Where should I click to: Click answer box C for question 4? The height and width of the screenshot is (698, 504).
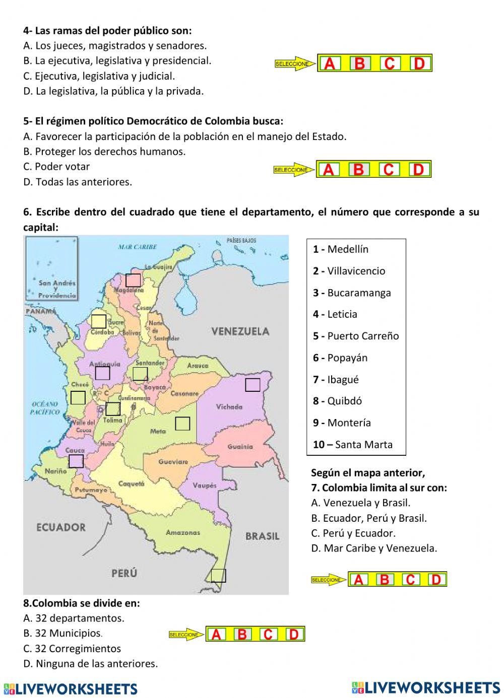(390, 63)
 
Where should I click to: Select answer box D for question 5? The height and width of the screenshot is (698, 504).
(418, 170)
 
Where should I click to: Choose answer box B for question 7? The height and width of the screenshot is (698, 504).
(384, 580)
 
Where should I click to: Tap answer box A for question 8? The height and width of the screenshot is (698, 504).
(216, 635)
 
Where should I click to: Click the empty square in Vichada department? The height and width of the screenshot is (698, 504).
(253, 385)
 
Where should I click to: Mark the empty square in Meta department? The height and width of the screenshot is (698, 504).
(182, 424)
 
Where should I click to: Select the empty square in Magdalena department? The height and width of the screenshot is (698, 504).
(133, 281)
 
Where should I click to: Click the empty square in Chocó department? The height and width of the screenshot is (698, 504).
(78, 397)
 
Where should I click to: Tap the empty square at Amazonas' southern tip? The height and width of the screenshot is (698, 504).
(219, 575)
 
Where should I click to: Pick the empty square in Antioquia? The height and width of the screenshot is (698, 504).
(102, 373)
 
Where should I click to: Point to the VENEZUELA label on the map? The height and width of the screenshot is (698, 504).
(240, 331)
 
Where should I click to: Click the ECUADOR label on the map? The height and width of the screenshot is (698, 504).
(61, 527)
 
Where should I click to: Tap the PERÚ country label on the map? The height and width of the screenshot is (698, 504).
(124, 573)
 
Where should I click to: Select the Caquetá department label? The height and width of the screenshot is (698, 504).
(131, 483)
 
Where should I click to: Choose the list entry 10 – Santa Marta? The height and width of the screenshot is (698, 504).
(352, 445)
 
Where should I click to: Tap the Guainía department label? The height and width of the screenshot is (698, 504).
(240, 446)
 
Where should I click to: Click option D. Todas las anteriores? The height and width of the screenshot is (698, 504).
(78, 182)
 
